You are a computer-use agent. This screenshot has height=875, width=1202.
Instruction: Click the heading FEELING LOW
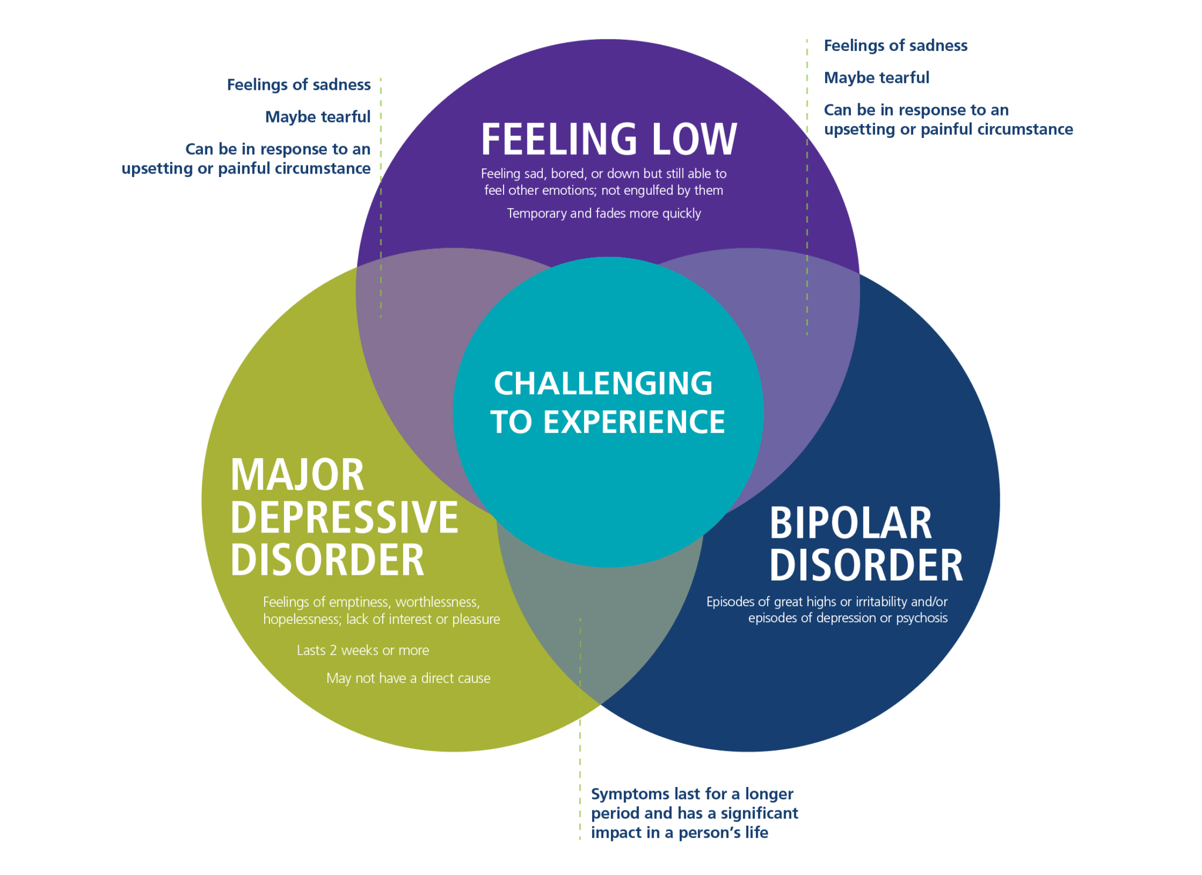click(x=609, y=140)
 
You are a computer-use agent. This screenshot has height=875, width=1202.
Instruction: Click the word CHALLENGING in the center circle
click(x=603, y=384)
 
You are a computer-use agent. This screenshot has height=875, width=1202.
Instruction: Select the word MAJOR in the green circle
click(x=298, y=475)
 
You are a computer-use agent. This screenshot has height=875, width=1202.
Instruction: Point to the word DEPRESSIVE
click(x=344, y=517)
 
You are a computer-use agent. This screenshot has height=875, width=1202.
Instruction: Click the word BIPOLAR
click(x=850, y=523)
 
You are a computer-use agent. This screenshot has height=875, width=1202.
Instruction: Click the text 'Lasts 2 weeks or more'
click(x=363, y=650)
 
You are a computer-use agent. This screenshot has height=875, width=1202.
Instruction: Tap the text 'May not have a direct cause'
click(x=408, y=679)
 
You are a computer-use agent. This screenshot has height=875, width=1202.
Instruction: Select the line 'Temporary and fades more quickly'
click(x=604, y=213)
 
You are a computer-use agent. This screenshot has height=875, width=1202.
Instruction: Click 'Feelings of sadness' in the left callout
click(x=299, y=85)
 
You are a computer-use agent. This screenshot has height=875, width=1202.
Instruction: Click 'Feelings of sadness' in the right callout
click(x=896, y=46)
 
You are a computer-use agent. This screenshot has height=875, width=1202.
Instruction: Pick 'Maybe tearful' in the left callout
click(x=318, y=117)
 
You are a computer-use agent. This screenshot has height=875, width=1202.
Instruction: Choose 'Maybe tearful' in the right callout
click(x=876, y=78)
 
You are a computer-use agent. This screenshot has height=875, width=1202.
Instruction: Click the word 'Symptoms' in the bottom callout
click(x=630, y=795)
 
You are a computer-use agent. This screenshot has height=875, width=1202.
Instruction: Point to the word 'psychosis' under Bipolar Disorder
click(x=921, y=618)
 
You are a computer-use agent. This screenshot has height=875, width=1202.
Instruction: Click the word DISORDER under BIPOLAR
click(x=866, y=565)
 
